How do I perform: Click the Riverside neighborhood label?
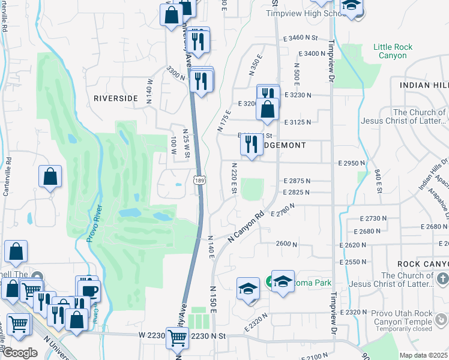116,97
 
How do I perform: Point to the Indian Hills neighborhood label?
424,85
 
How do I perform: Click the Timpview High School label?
303,13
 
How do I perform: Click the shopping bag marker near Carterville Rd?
50,177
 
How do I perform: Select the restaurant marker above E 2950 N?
252,145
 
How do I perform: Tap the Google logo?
20,353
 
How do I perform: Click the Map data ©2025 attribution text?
423,355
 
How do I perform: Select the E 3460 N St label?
301,37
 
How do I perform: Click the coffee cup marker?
89,291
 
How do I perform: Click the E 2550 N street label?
357,263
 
